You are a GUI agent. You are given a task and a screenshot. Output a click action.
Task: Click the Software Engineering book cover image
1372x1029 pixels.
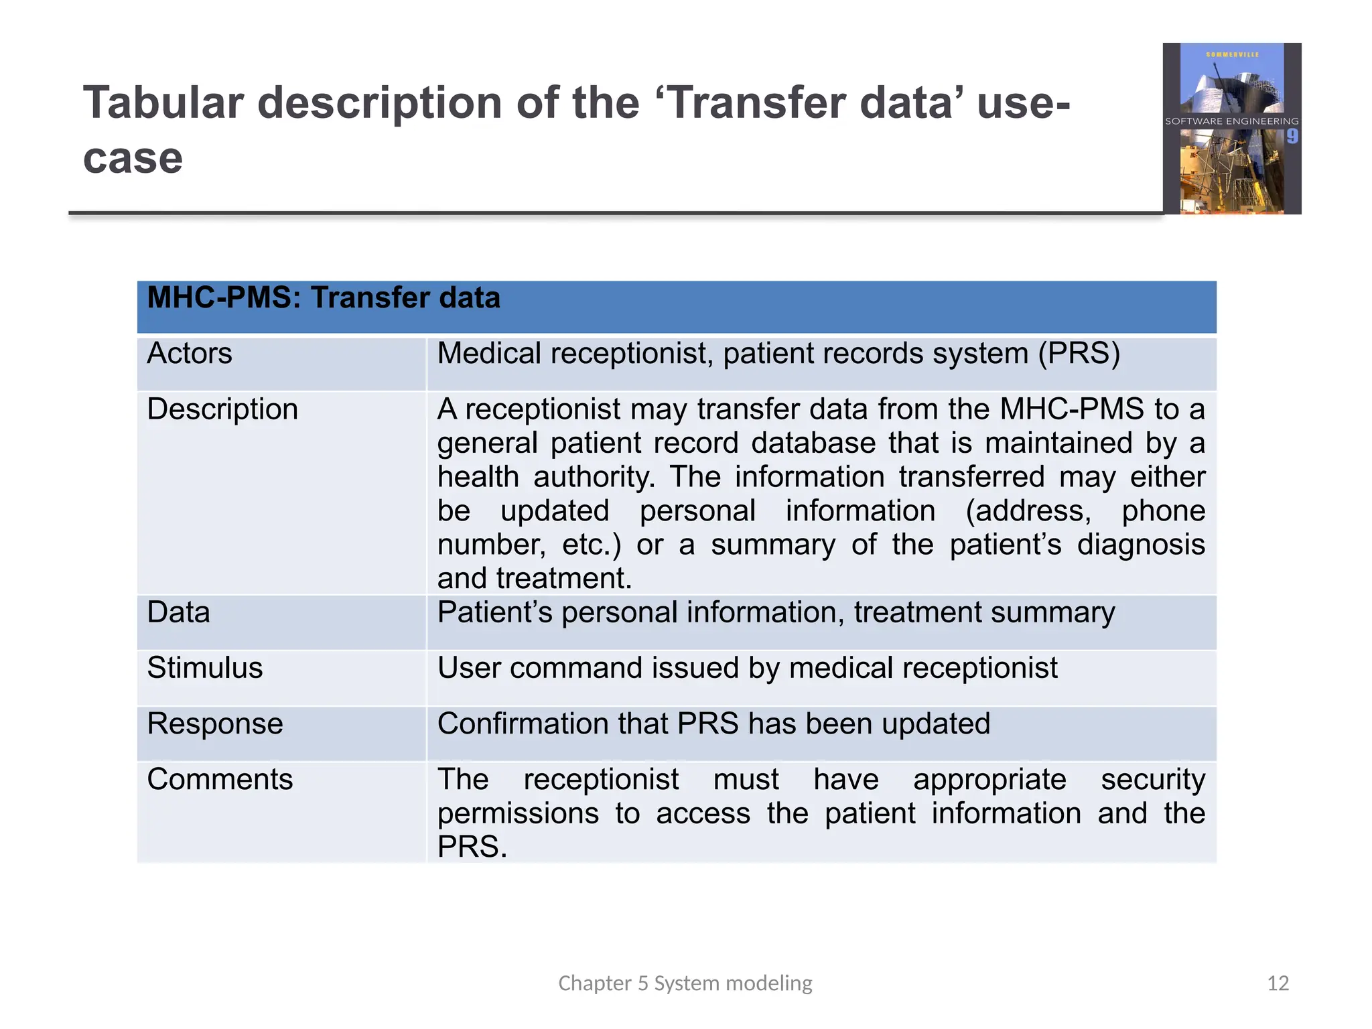[1231, 129]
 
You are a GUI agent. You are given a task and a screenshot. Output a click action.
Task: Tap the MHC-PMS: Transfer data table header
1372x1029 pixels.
[324, 298]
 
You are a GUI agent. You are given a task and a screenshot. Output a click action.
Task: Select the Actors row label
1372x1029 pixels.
[190, 353]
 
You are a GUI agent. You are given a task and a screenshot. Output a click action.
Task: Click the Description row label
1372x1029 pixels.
[222, 409]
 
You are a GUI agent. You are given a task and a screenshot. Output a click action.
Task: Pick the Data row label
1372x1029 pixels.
[178, 612]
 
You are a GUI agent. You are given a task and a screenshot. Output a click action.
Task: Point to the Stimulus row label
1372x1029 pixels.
[205, 668]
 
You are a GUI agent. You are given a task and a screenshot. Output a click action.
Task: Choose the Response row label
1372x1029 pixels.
[215, 724]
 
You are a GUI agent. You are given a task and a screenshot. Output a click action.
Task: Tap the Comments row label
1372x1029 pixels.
[220, 779]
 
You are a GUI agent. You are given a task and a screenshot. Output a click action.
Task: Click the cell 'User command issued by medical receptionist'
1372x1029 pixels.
[747, 668]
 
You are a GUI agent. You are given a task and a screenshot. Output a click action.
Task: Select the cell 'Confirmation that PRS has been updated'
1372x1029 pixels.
[713, 724]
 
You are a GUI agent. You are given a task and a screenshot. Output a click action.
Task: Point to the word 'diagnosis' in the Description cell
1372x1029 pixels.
[1141, 544]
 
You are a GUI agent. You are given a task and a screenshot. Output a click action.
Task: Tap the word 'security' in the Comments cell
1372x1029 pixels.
[1153, 779]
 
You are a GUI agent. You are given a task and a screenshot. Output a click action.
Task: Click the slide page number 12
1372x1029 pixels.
[1278, 983]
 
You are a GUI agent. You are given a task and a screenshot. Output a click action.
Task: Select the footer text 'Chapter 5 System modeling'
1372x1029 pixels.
[685, 983]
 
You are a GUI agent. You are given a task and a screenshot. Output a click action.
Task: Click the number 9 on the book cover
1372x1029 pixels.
[1292, 137]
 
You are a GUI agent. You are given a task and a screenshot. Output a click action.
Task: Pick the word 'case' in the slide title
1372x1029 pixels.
[133, 159]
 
